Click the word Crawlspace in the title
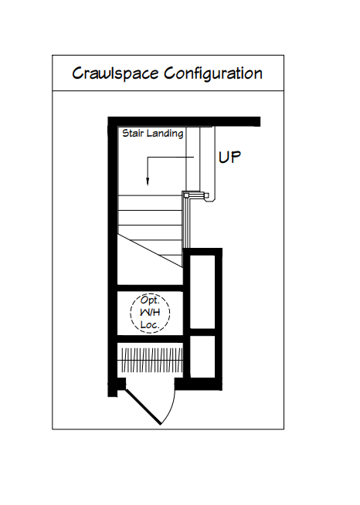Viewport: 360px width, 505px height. [115, 74]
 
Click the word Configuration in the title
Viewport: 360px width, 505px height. [213, 74]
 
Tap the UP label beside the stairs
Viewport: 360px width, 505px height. [229, 158]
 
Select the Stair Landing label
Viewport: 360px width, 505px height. [153, 134]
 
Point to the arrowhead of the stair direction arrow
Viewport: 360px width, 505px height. [148, 182]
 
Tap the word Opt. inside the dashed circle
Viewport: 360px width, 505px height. [150, 300]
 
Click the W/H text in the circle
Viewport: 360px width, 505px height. [150, 313]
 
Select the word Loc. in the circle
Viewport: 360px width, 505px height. [150, 324]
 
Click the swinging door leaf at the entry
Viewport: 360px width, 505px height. [143, 407]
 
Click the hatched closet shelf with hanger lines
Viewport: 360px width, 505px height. [150, 360]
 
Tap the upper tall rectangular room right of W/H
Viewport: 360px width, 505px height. [202, 292]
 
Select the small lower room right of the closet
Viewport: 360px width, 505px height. [202, 357]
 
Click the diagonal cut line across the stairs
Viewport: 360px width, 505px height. [150, 250]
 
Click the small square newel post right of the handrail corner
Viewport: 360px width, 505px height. [206, 195]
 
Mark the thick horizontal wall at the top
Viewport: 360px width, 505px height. [184, 121]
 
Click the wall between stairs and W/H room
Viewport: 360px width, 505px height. [150, 288]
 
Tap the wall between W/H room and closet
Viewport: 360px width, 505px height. [150, 339]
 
